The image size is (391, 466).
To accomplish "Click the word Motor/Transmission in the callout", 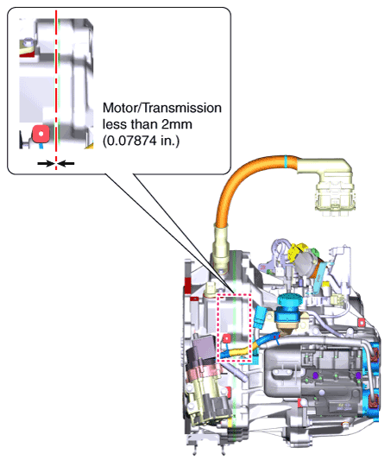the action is (x=162, y=108).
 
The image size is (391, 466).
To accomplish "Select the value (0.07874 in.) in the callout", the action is (x=142, y=141).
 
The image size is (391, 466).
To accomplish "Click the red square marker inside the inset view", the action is (x=41, y=134).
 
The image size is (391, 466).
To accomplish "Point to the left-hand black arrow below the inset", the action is (x=46, y=163).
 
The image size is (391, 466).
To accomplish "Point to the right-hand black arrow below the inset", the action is (x=66, y=163).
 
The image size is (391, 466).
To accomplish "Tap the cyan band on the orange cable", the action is (x=286, y=161).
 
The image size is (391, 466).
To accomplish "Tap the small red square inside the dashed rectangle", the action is (x=226, y=338).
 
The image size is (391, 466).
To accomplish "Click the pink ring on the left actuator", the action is (x=205, y=370).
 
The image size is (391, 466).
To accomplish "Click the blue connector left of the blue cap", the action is (x=260, y=318).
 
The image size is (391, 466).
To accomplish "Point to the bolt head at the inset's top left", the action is (x=28, y=42).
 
